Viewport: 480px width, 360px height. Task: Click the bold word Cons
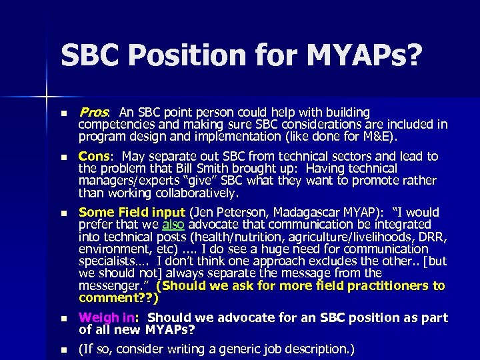coord(95,156)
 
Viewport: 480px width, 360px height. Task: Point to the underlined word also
coord(172,225)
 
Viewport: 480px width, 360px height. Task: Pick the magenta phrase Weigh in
coord(109,317)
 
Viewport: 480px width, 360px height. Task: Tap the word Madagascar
coord(312,213)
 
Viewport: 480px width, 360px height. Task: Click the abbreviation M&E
coord(379,137)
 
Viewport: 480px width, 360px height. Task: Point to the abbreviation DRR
coord(432,237)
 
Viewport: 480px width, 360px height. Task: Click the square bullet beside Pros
coord(63,113)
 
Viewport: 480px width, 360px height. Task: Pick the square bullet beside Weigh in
coord(63,319)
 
